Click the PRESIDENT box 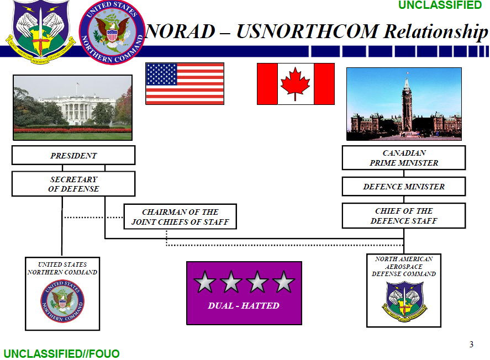point(73,156)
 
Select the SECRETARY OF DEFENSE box point(73,184)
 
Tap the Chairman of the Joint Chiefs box point(180,217)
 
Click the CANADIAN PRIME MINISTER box point(404,158)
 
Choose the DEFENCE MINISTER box point(404,187)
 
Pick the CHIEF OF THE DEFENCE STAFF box point(404,216)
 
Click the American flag point(185,83)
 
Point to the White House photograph point(72,107)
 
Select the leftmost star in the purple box point(205,282)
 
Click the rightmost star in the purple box point(284,282)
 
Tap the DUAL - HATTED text point(244,305)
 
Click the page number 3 point(471,345)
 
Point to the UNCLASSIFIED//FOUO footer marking point(61,353)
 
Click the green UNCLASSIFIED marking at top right point(440,6)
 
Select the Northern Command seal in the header point(112,31)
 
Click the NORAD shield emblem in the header point(38,30)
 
